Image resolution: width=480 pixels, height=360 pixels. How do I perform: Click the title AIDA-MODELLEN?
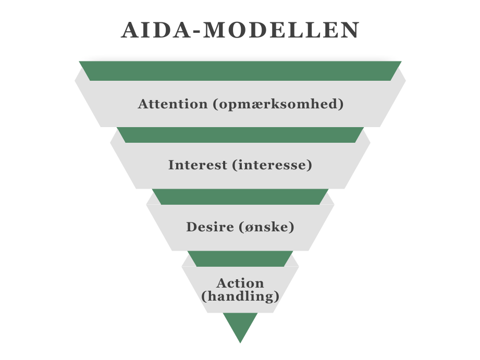click(x=240, y=30)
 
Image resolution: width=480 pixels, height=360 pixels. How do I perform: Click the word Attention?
click(x=173, y=104)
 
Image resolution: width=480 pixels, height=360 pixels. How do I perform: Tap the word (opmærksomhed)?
click(x=278, y=104)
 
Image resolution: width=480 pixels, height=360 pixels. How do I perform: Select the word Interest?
click(x=198, y=165)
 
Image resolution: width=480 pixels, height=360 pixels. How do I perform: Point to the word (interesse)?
click(x=272, y=165)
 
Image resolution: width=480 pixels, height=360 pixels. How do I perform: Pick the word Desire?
click(x=210, y=227)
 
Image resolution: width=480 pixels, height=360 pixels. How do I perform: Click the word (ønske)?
click(x=266, y=227)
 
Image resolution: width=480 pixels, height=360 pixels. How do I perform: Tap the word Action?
click(x=240, y=283)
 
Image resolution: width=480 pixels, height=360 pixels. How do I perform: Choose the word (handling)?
click(x=240, y=296)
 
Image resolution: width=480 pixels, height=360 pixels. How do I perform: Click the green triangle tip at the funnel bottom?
click(x=240, y=343)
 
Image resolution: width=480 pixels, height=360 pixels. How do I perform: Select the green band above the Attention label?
click(x=240, y=71)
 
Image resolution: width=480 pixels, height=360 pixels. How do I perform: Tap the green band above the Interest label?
click(x=240, y=135)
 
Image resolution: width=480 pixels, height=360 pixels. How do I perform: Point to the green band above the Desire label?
click(x=240, y=197)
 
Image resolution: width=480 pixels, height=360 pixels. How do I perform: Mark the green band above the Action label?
click(x=240, y=259)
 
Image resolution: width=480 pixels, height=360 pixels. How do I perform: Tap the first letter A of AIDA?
click(x=130, y=30)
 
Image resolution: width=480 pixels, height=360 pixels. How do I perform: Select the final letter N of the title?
click(x=351, y=30)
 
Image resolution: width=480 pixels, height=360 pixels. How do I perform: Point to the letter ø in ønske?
click(x=250, y=228)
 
